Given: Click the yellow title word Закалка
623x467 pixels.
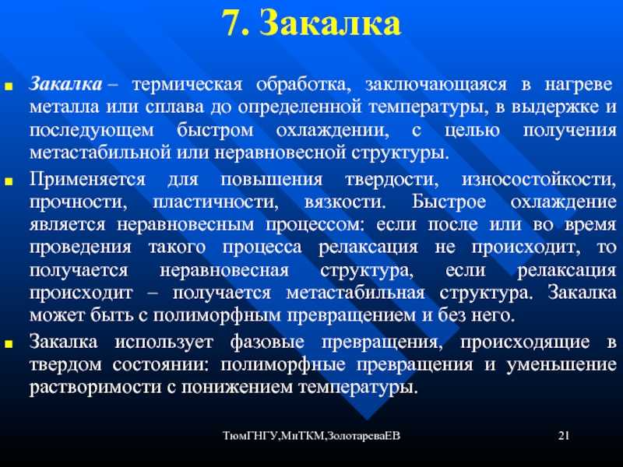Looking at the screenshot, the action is coord(330,23).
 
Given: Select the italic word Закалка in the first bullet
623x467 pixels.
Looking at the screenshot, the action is coord(65,85).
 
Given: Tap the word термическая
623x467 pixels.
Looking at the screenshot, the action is coord(187,86).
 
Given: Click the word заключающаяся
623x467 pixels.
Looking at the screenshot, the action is coord(436,86).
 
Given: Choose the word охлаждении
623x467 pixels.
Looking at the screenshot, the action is coord(333,131).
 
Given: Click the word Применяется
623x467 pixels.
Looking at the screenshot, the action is coord(87,180).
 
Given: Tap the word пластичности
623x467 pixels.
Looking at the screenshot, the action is coord(216,202).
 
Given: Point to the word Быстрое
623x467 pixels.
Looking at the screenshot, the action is coord(449,202).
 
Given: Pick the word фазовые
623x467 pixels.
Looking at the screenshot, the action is coord(267,342).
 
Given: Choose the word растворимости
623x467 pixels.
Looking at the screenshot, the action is coord(95,387).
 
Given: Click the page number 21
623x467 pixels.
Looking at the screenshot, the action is coord(564,436).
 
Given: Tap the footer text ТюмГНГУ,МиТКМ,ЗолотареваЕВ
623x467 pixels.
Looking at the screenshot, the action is coord(311,436).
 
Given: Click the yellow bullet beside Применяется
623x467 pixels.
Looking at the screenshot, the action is coord(9,181).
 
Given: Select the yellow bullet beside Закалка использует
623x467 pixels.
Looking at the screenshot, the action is coord(9,343).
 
